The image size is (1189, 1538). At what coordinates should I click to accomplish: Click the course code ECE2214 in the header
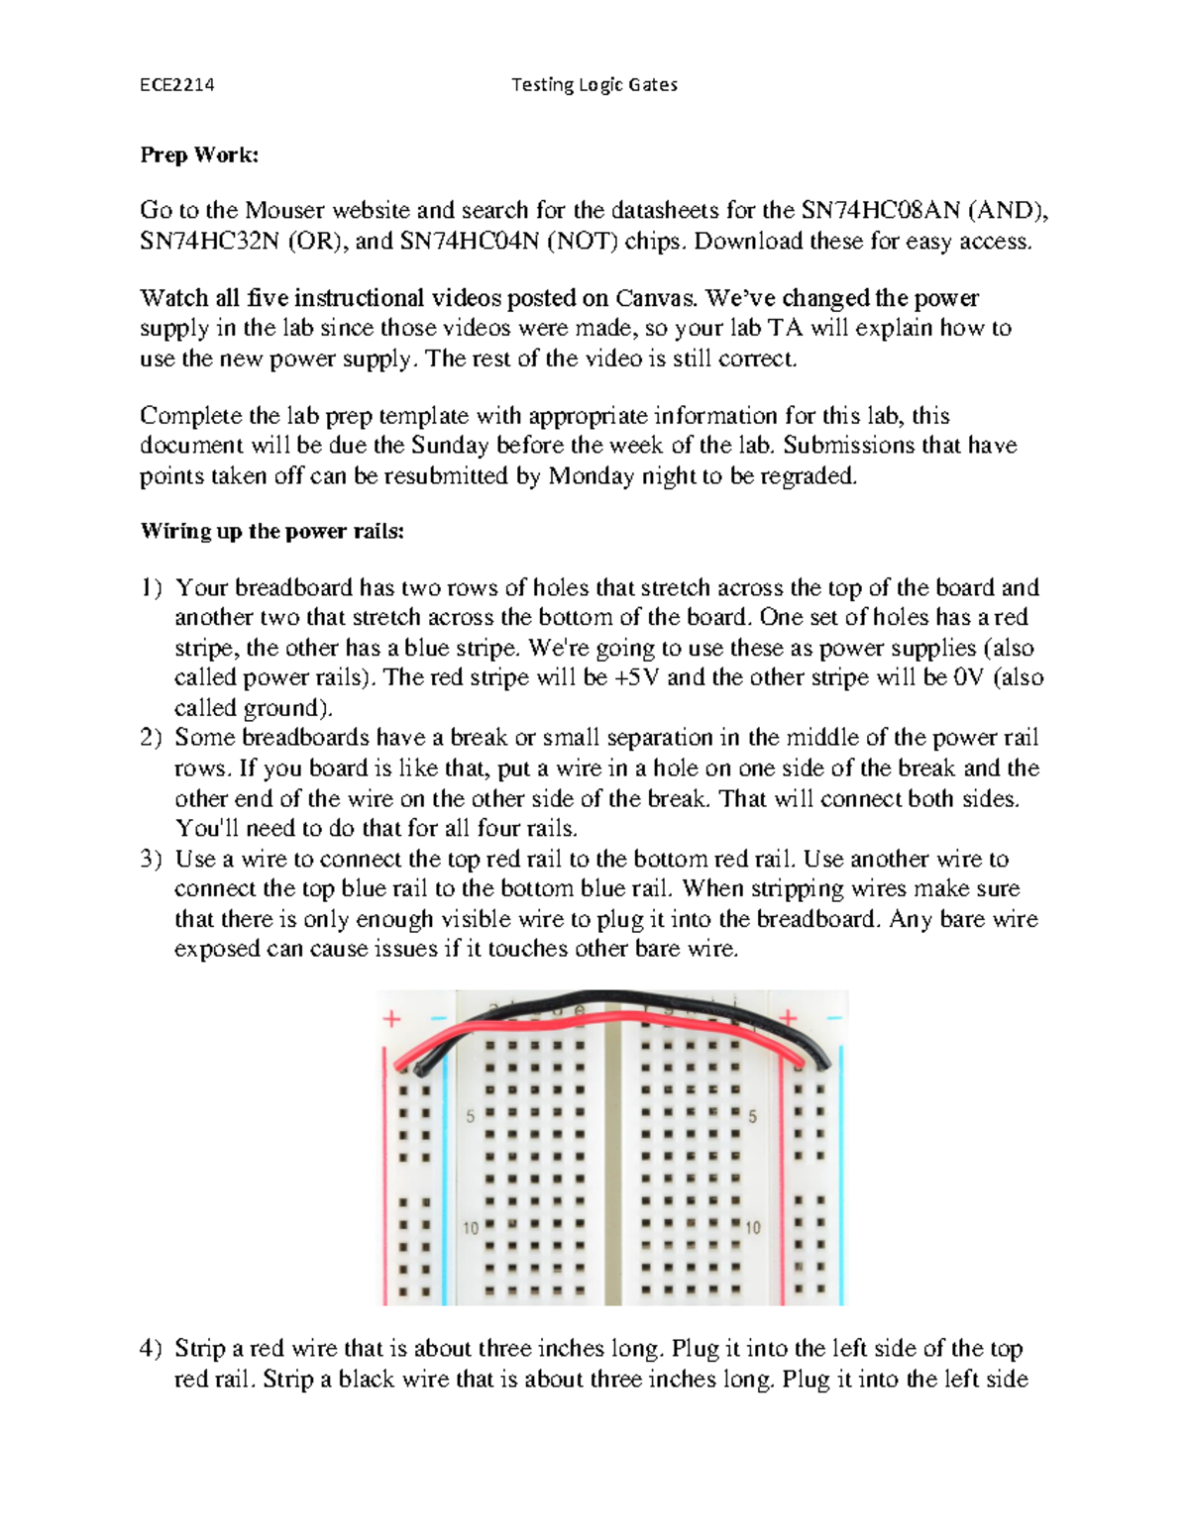tap(176, 85)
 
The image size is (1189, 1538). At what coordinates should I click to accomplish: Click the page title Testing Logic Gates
tap(594, 85)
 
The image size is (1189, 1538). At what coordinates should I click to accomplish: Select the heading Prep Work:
tap(199, 154)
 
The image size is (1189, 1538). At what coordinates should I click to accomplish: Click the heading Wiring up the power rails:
tap(271, 531)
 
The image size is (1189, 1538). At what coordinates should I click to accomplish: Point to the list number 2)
tap(151, 738)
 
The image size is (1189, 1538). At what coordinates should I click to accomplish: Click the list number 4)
tap(151, 1349)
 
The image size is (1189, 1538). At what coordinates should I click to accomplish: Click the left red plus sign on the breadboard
tap(392, 1019)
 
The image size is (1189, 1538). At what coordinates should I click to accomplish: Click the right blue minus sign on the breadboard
tap(834, 1018)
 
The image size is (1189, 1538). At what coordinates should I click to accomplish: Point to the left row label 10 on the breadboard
tap(471, 1228)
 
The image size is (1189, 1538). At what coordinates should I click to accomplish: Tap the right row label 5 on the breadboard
tap(752, 1117)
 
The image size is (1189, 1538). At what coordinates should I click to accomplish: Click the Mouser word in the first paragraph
tap(284, 210)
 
